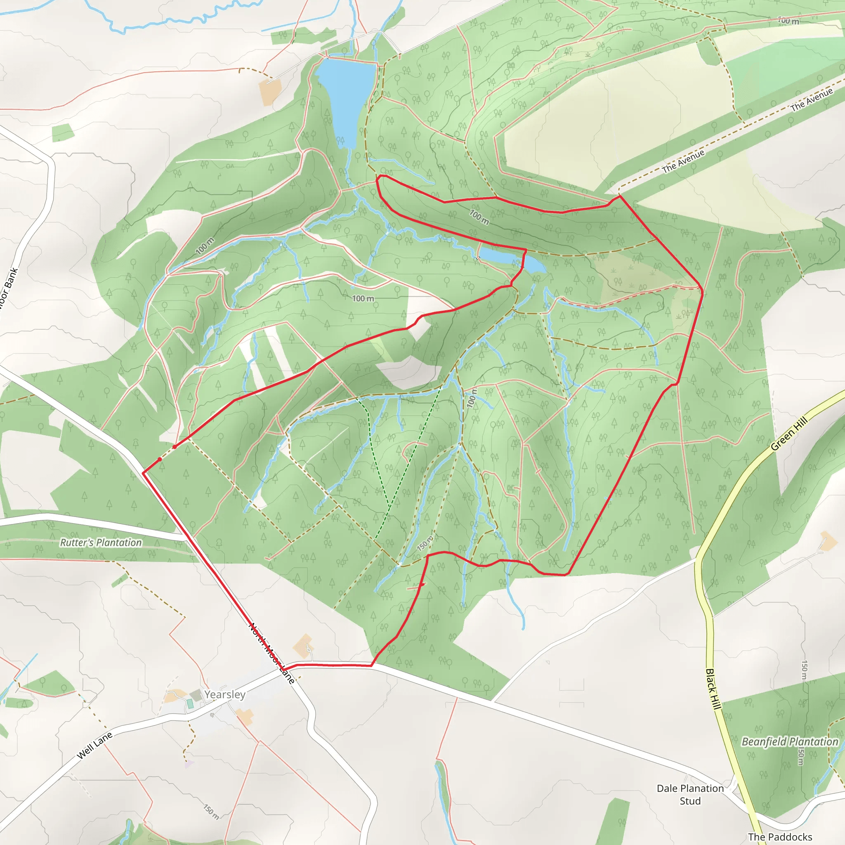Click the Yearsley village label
click(x=225, y=694)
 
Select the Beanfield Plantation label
click(x=790, y=741)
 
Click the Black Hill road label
click(x=713, y=689)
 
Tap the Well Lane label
click(x=94, y=745)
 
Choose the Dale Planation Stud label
click(x=690, y=795)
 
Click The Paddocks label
click(x=780, y=837)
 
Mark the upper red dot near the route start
click(x=175, y=446)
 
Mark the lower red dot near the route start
click(x=160, y=459)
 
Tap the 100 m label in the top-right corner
click(x=788, y=21)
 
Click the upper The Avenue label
click(x=811, y=100)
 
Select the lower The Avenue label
click(x=683, y=161)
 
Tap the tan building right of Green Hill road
click(x=828, y=541)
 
